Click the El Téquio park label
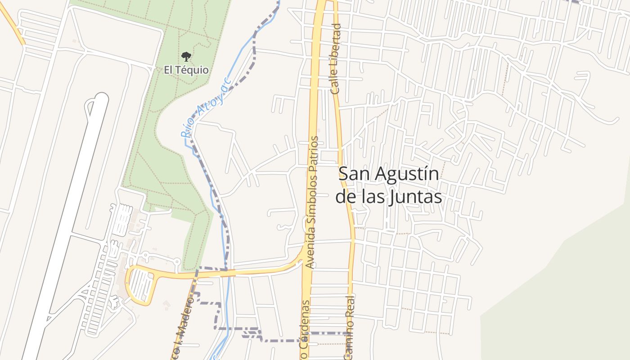186,70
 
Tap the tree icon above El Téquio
186,57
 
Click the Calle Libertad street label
336,58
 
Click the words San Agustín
388,174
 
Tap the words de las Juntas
388,197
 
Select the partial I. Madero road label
183,331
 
